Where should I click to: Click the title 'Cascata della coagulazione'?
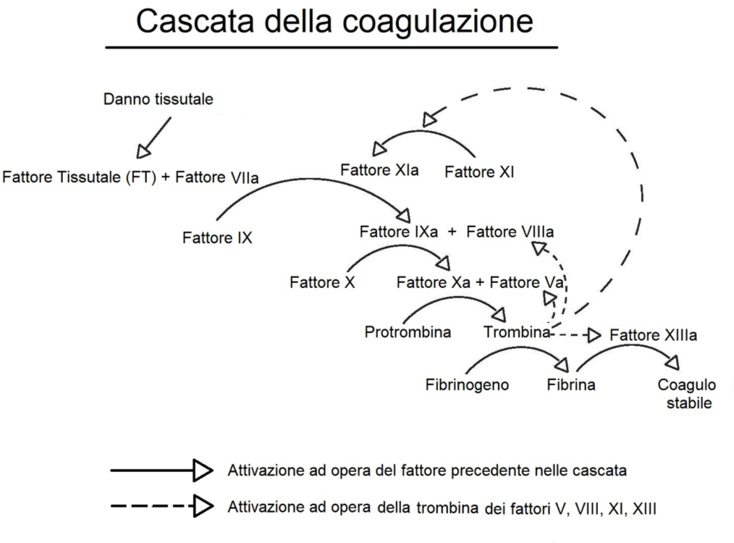(334, 22)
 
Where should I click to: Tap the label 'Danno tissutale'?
(159, 98)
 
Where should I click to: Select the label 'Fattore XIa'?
(379, 170)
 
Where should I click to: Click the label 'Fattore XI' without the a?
(479, 172)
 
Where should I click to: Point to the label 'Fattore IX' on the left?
(217, 237)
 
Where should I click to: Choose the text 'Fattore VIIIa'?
(510, 232)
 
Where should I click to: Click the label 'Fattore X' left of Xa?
(323, 282)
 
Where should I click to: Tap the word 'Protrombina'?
(408, 332)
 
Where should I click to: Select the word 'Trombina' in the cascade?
(517, 332)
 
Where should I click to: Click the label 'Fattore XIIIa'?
(654, 335)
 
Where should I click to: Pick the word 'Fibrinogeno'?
(467, 384)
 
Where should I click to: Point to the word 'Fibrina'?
(571, 384)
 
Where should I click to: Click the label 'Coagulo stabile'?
(687, 394)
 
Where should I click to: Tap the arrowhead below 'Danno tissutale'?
(143, 151)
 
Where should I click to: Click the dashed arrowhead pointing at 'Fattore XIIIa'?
(594, 335)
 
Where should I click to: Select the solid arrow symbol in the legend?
(161, 470)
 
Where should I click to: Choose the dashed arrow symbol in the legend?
(162, 506)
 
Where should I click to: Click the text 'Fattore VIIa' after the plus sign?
(216, 177)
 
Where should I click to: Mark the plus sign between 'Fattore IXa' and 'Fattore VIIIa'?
(452, 232)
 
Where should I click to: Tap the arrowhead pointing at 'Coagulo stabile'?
(672, 362)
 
